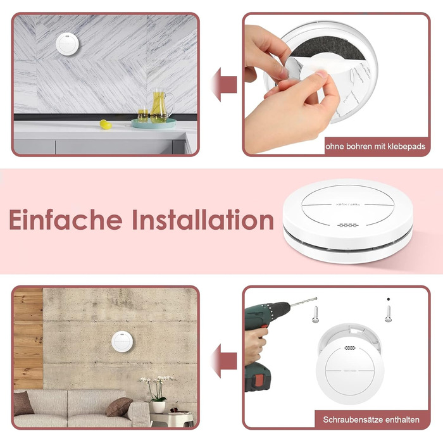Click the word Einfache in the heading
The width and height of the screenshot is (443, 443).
point(66,220)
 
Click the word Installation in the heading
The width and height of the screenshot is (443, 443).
point(203,220)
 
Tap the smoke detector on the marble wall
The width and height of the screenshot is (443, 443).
point(67,45)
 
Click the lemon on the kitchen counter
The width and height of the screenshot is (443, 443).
point(106,124)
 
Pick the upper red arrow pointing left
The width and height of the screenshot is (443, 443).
point(224,84)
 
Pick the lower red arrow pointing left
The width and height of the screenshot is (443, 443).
point(224,361)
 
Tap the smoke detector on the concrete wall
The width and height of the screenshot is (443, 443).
point(122,342)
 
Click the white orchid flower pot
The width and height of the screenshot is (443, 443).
point(158,407)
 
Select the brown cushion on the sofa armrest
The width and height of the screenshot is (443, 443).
point(119,407)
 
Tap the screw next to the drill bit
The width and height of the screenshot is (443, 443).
point(315,315)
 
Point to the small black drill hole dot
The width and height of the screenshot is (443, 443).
point(389,299)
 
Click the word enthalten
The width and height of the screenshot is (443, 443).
point(402,420)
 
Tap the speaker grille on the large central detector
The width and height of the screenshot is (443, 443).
point(348,225)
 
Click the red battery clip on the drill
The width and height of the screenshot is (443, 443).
point(258,380)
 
